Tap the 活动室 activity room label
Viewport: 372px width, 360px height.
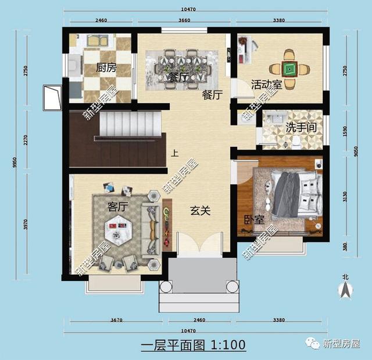click(x=266, y=85)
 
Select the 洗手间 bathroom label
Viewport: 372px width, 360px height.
click(x=301, y=127)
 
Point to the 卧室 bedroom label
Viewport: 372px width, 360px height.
click(x=253, y=219)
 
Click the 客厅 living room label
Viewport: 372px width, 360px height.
click(x=117, y=206)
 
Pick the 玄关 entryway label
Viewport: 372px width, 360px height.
click(x=200, y=211)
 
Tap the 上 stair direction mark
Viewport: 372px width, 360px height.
click(x=174, y=154)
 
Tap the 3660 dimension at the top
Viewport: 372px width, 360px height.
click(x=185, y=21)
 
